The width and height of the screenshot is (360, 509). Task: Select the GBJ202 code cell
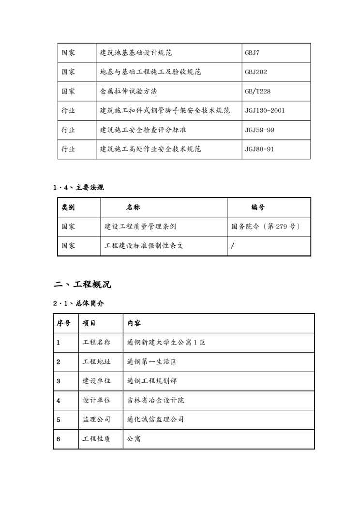tap(256, 72)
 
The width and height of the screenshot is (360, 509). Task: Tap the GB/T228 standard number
tap(257, 91)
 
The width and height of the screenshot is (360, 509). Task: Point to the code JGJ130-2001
tap(265, 111)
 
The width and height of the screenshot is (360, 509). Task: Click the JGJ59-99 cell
tap(259, 130)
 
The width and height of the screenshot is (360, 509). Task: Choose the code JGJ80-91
tap(259, 149)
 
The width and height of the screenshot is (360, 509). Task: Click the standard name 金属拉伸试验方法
tap(128, 91)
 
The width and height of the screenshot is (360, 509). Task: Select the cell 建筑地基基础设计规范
tap(136, 53)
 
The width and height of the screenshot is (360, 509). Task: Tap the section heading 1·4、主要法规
tap(78, 187)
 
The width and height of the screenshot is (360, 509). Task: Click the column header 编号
tap(258, 207)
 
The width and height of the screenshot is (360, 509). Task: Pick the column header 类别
tap(68, 207)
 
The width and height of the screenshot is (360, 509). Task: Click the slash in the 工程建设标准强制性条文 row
tap(233, 246)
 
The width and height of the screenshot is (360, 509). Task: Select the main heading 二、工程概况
tap(82, 284)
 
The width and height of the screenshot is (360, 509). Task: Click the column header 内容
tap(134, 323)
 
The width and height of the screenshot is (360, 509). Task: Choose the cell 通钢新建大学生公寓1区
tap(166, 343)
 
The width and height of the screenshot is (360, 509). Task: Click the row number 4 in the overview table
tap(59, 401)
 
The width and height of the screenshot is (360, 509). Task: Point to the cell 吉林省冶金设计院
tap(155, 401)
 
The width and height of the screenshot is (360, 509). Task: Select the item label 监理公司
tap(96, 419)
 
